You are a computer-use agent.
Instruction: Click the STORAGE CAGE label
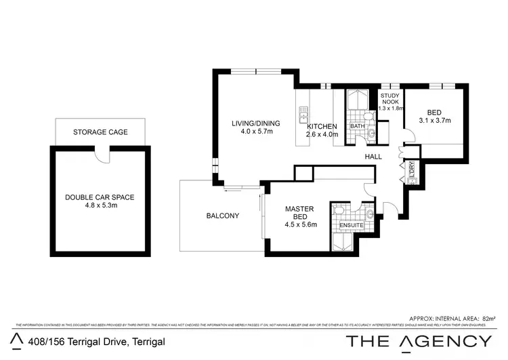[100, 132]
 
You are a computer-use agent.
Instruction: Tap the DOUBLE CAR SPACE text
[100, 197]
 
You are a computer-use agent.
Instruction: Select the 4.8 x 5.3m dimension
[100, 206]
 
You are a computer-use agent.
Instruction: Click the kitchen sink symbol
[303, 111]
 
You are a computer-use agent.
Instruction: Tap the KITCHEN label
[322, 127]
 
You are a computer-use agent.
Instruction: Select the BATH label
[358, 127]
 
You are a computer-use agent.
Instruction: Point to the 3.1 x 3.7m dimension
[435, 121]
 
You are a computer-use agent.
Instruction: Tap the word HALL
[373, 157]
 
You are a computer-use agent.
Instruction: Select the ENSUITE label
[352, 225]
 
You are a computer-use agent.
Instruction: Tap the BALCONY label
[223, 216]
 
